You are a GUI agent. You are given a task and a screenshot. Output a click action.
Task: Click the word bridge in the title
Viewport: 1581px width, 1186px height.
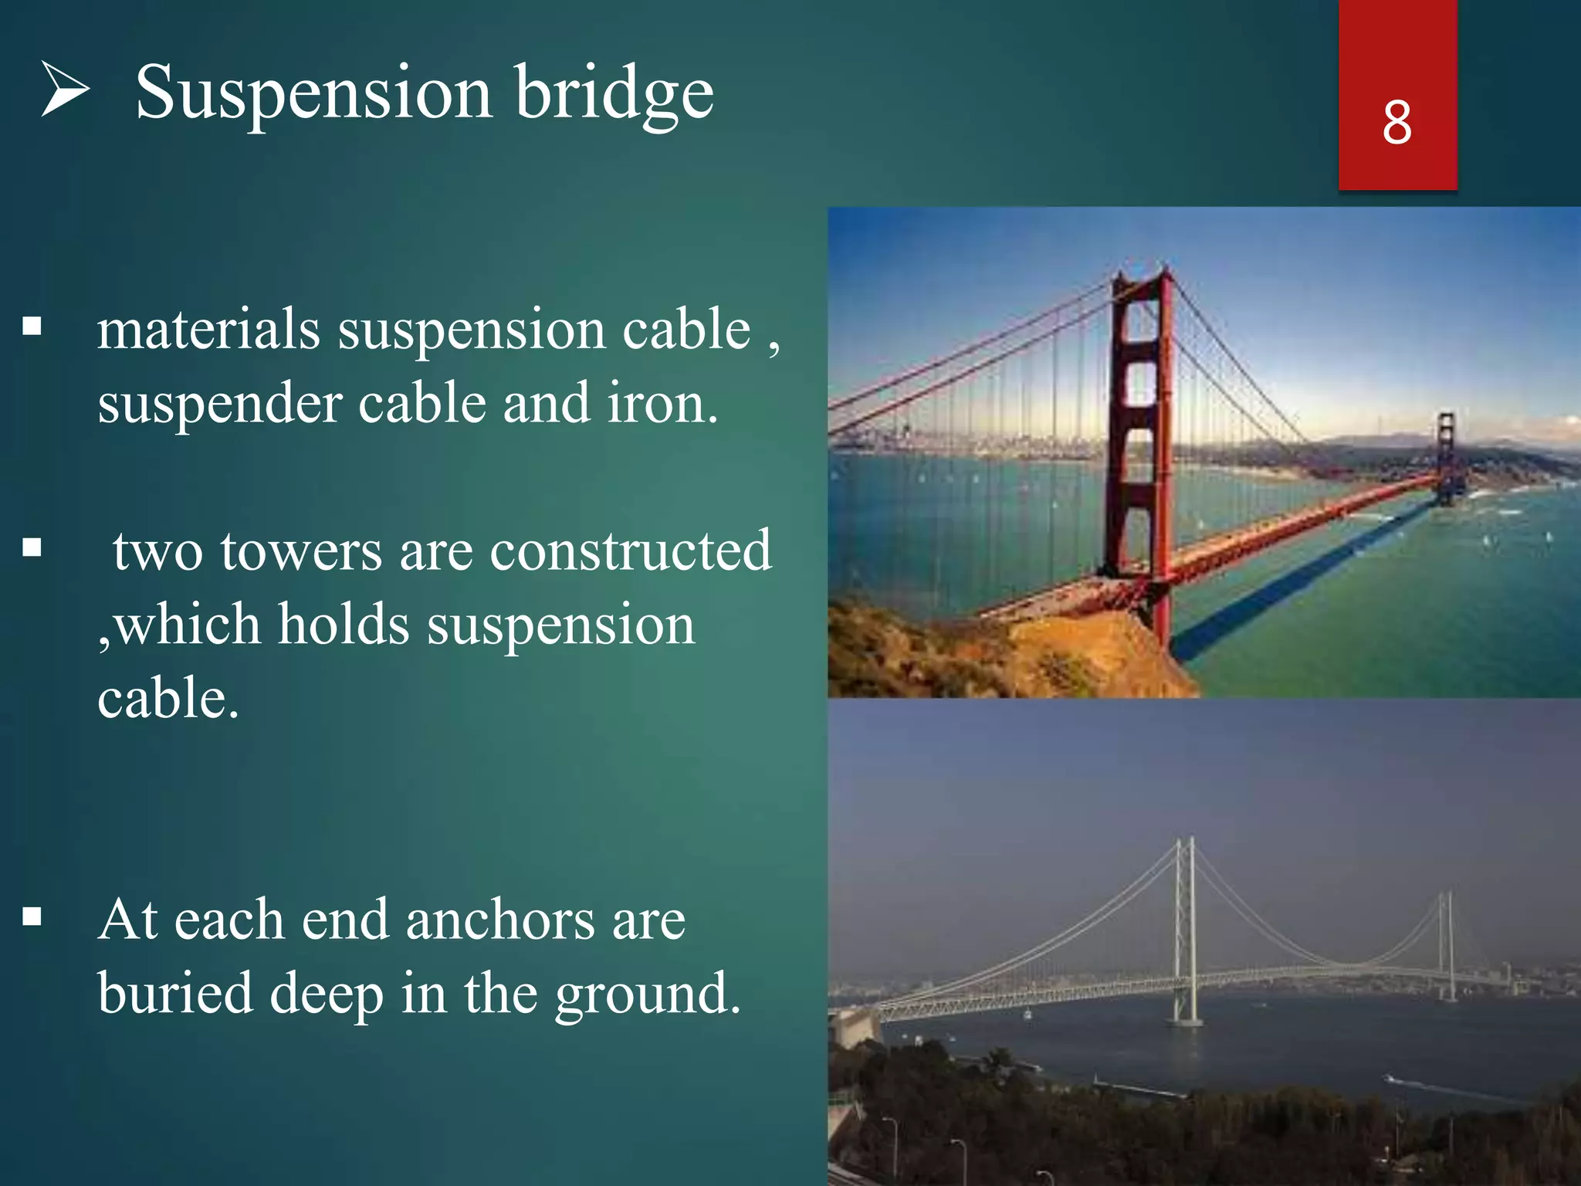pos(614,94)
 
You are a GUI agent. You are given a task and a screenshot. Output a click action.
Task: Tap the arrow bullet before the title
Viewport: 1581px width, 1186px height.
pos(65,90)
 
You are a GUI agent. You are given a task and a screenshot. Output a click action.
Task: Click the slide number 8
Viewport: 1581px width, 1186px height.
pos(1396,123)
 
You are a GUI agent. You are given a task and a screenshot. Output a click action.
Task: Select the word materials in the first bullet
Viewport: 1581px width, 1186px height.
pos(208,330)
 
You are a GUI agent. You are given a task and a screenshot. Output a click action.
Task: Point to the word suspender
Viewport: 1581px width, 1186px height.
pos(219,405)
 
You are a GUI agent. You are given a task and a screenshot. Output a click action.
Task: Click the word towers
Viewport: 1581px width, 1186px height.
pos(301,551)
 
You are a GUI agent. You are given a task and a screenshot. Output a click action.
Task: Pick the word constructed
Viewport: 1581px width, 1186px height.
pos(630,551)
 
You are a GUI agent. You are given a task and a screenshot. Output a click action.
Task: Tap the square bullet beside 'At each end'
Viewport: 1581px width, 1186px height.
pos(32,917)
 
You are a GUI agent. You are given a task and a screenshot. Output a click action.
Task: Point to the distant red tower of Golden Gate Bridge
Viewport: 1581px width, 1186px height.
pos(1446,456)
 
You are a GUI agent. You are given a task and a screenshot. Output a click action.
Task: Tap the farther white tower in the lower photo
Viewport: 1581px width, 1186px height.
pos(1447,946)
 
